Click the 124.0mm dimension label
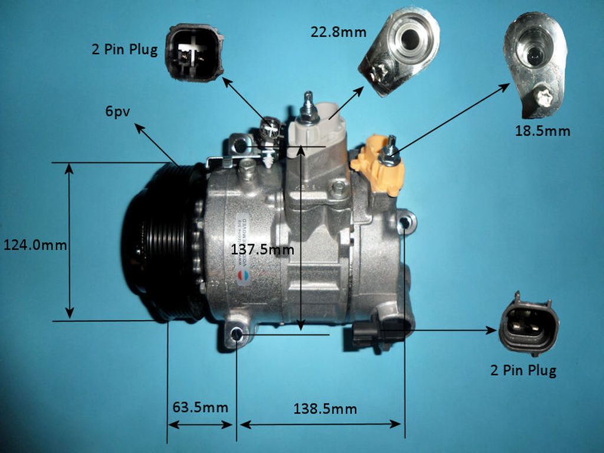[x=35, y=245]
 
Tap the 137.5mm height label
[x=262, y=250]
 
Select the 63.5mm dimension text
[x=200, y=407]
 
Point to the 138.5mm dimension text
[x=325, y=408]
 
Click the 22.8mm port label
[x=338, y=32]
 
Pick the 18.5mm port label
[x=542, y=131]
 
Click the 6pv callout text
[x=118, y=111]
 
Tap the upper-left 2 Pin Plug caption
[x=124, y=50]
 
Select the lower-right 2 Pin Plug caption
[x=523, y=370]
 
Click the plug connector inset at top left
[x=194, y=52]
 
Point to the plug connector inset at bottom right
[x=528, y=323]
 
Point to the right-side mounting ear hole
[x=405, y=222]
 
